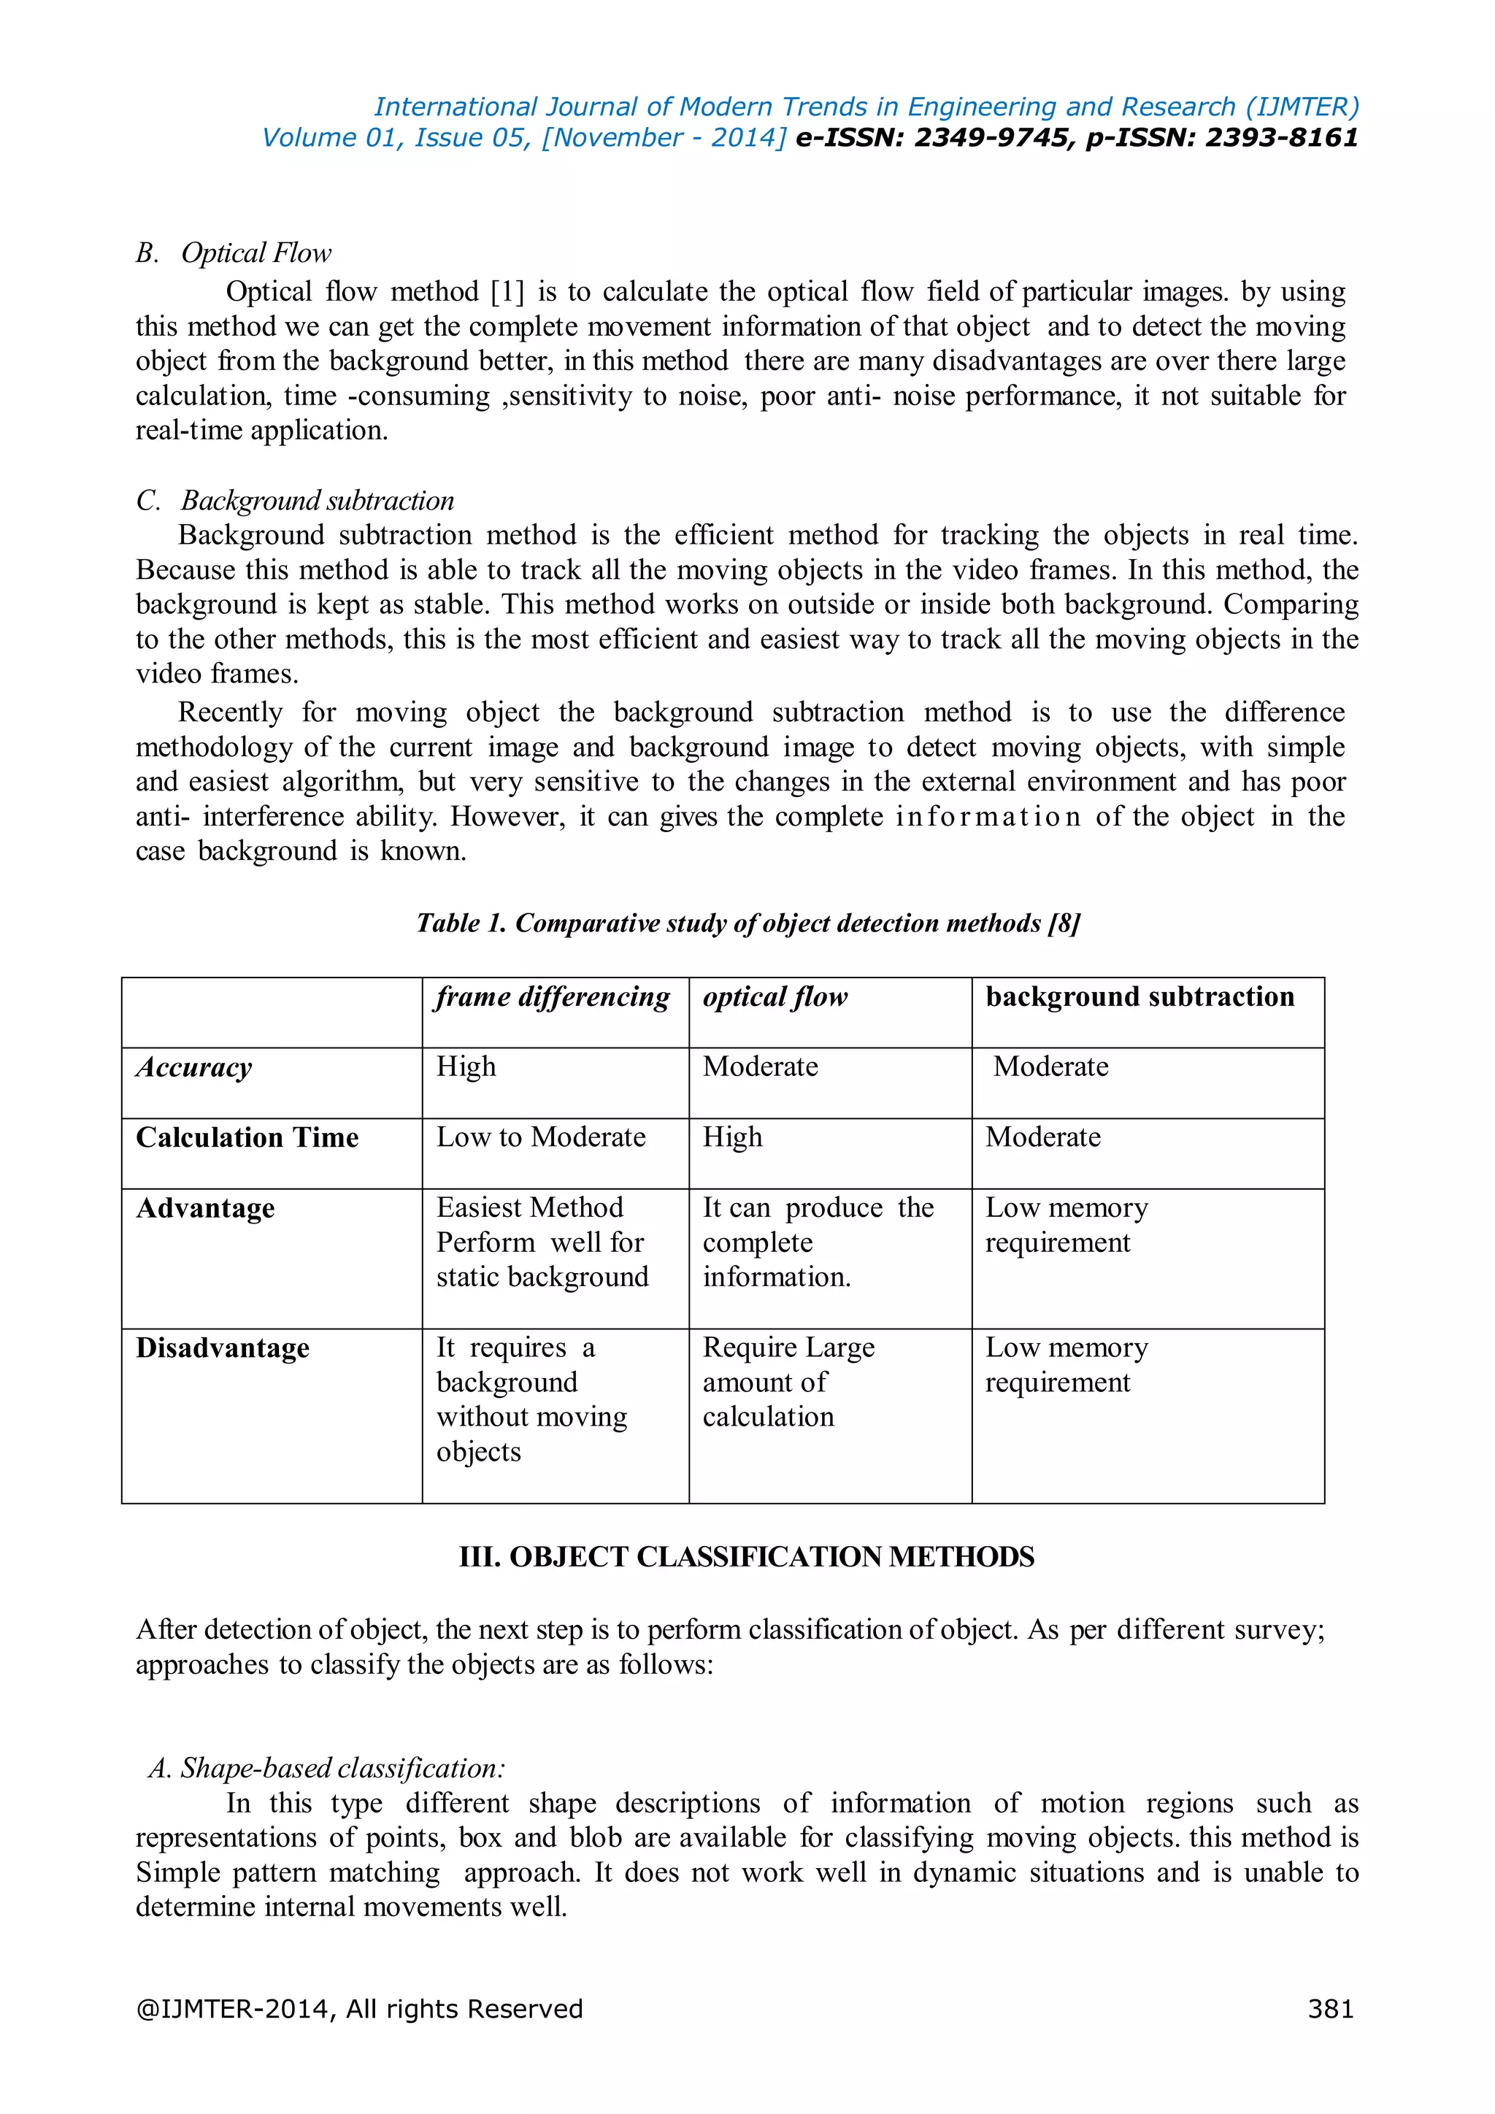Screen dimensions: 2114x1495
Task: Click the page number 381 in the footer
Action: click(x=1330, y=2008)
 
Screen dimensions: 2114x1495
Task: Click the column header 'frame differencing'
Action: click(x=553, y=997)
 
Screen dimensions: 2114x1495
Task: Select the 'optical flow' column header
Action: click(x=775, y=997)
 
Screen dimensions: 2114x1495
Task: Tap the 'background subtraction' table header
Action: click(x=1139, y=997)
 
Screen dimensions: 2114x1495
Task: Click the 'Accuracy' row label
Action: click(x=194, y=1067)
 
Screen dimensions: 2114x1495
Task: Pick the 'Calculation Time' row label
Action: click(x=247, y=1137)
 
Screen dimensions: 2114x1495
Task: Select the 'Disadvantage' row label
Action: click(x=223, y=1348)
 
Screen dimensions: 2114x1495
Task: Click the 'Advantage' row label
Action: click(x=205, y=1208)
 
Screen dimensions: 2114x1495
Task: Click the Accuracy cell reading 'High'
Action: click(x=466, y=1067)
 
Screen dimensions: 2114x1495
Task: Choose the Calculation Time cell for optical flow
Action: click(x=733, y=1137)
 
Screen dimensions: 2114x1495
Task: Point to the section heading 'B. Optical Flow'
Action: click(x=234, y=253)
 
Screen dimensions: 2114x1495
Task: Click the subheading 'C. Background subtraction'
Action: click(x=296, y=501)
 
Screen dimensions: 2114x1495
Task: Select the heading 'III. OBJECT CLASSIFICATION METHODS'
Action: click(x=747, y=1557)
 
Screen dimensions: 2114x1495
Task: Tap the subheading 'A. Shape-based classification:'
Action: click(x=327, y=1768)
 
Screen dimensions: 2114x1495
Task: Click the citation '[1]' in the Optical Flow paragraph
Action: click(x=507, y=292)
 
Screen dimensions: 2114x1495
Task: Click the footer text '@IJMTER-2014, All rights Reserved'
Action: click(x=359, y=2008)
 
